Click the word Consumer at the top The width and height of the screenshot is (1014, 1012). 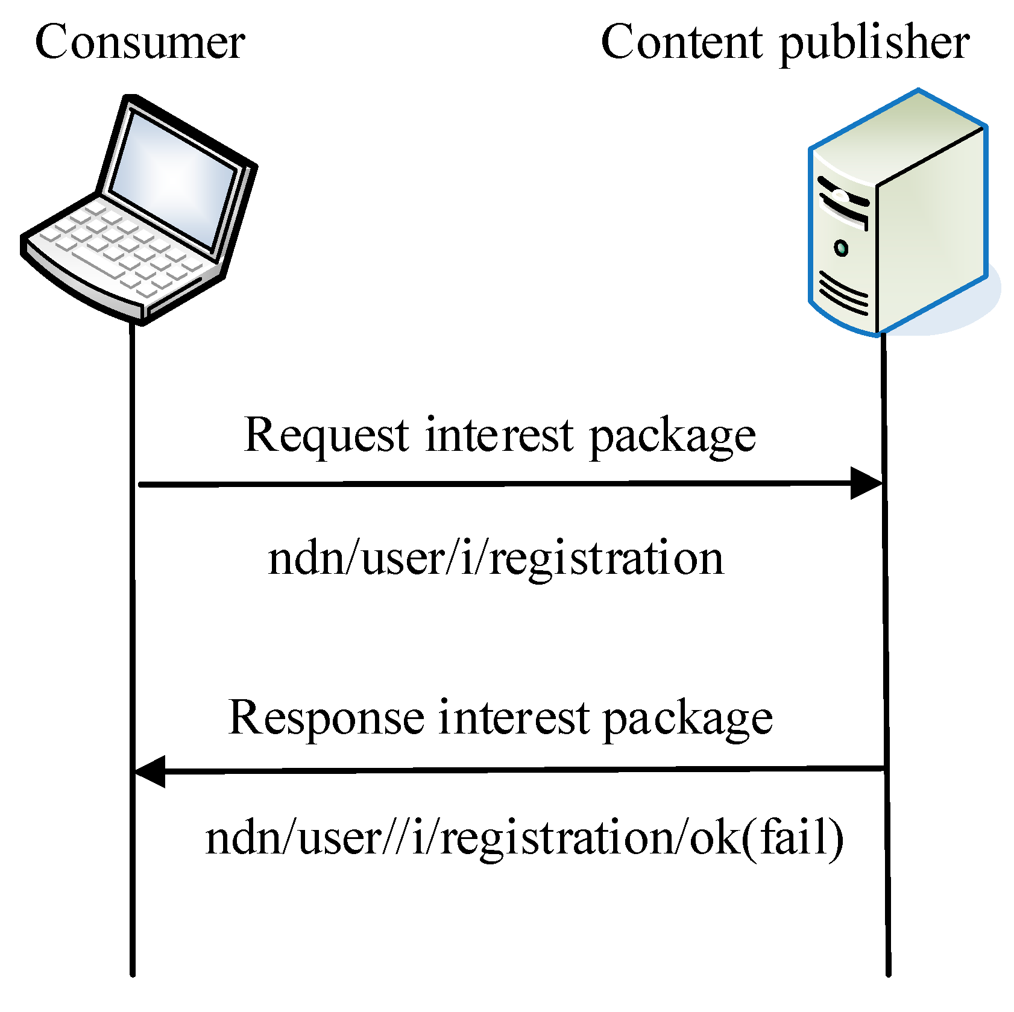click(x=140, y=42)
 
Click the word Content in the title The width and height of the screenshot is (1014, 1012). click(x=681, y=42)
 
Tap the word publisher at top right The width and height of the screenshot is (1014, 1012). click(x=874, y=43)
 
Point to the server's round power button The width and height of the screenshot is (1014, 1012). click(x=841, y=248)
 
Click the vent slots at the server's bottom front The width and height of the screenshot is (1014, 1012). click(x=843, y=292)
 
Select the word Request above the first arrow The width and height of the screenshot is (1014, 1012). click(x=326, y=435)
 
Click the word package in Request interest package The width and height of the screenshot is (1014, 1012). click(x=672, y=436)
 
